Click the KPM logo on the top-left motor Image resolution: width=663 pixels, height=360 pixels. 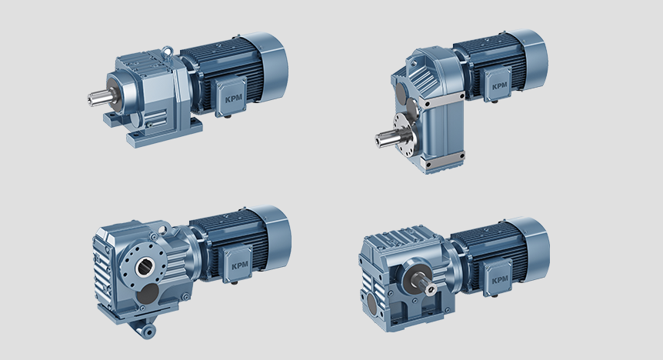233,99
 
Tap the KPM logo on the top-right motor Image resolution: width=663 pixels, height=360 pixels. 499,86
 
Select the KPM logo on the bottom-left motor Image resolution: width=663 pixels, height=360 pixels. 240,266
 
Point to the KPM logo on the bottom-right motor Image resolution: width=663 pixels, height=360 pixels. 500,280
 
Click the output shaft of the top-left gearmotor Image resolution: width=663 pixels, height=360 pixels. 100,98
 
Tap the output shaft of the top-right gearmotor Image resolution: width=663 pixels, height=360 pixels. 391,138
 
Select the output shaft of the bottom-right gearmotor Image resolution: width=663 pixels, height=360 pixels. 426,285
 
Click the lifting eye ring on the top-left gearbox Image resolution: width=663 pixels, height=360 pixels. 168,51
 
